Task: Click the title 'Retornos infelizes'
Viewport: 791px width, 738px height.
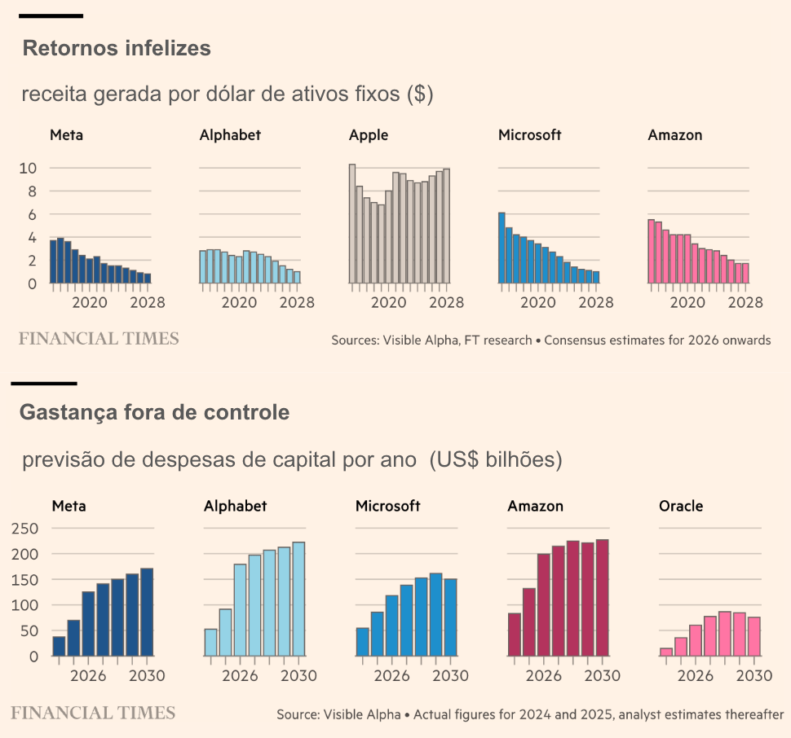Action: (x=117, y=49)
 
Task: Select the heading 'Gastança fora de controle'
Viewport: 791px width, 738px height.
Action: (x=154, y=413)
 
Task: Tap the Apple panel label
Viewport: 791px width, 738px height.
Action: (x=369, y=135)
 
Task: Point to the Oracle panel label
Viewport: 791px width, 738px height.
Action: (x=681, y=506)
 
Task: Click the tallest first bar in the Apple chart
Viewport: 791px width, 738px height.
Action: (x=352, y=224)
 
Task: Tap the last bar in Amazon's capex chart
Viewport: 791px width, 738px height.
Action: (x=603, y=598)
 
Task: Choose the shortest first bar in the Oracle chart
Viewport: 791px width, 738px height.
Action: (x=666, y=652)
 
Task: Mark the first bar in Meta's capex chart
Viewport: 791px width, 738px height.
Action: (x=59, y=646)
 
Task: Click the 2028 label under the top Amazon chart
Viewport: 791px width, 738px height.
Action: (x=745, y=303)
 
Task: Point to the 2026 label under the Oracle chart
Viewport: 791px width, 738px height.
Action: (x=696, y=676)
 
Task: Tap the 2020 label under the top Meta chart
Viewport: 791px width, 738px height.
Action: (x=90, y=303)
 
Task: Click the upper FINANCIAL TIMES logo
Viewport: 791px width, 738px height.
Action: (x=99, y=338)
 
